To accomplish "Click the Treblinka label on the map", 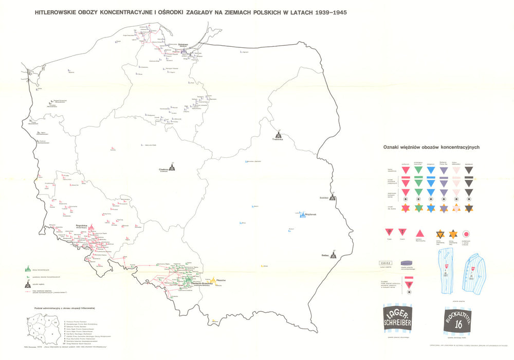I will coord(278,139).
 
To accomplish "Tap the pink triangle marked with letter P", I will coord(390,233).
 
